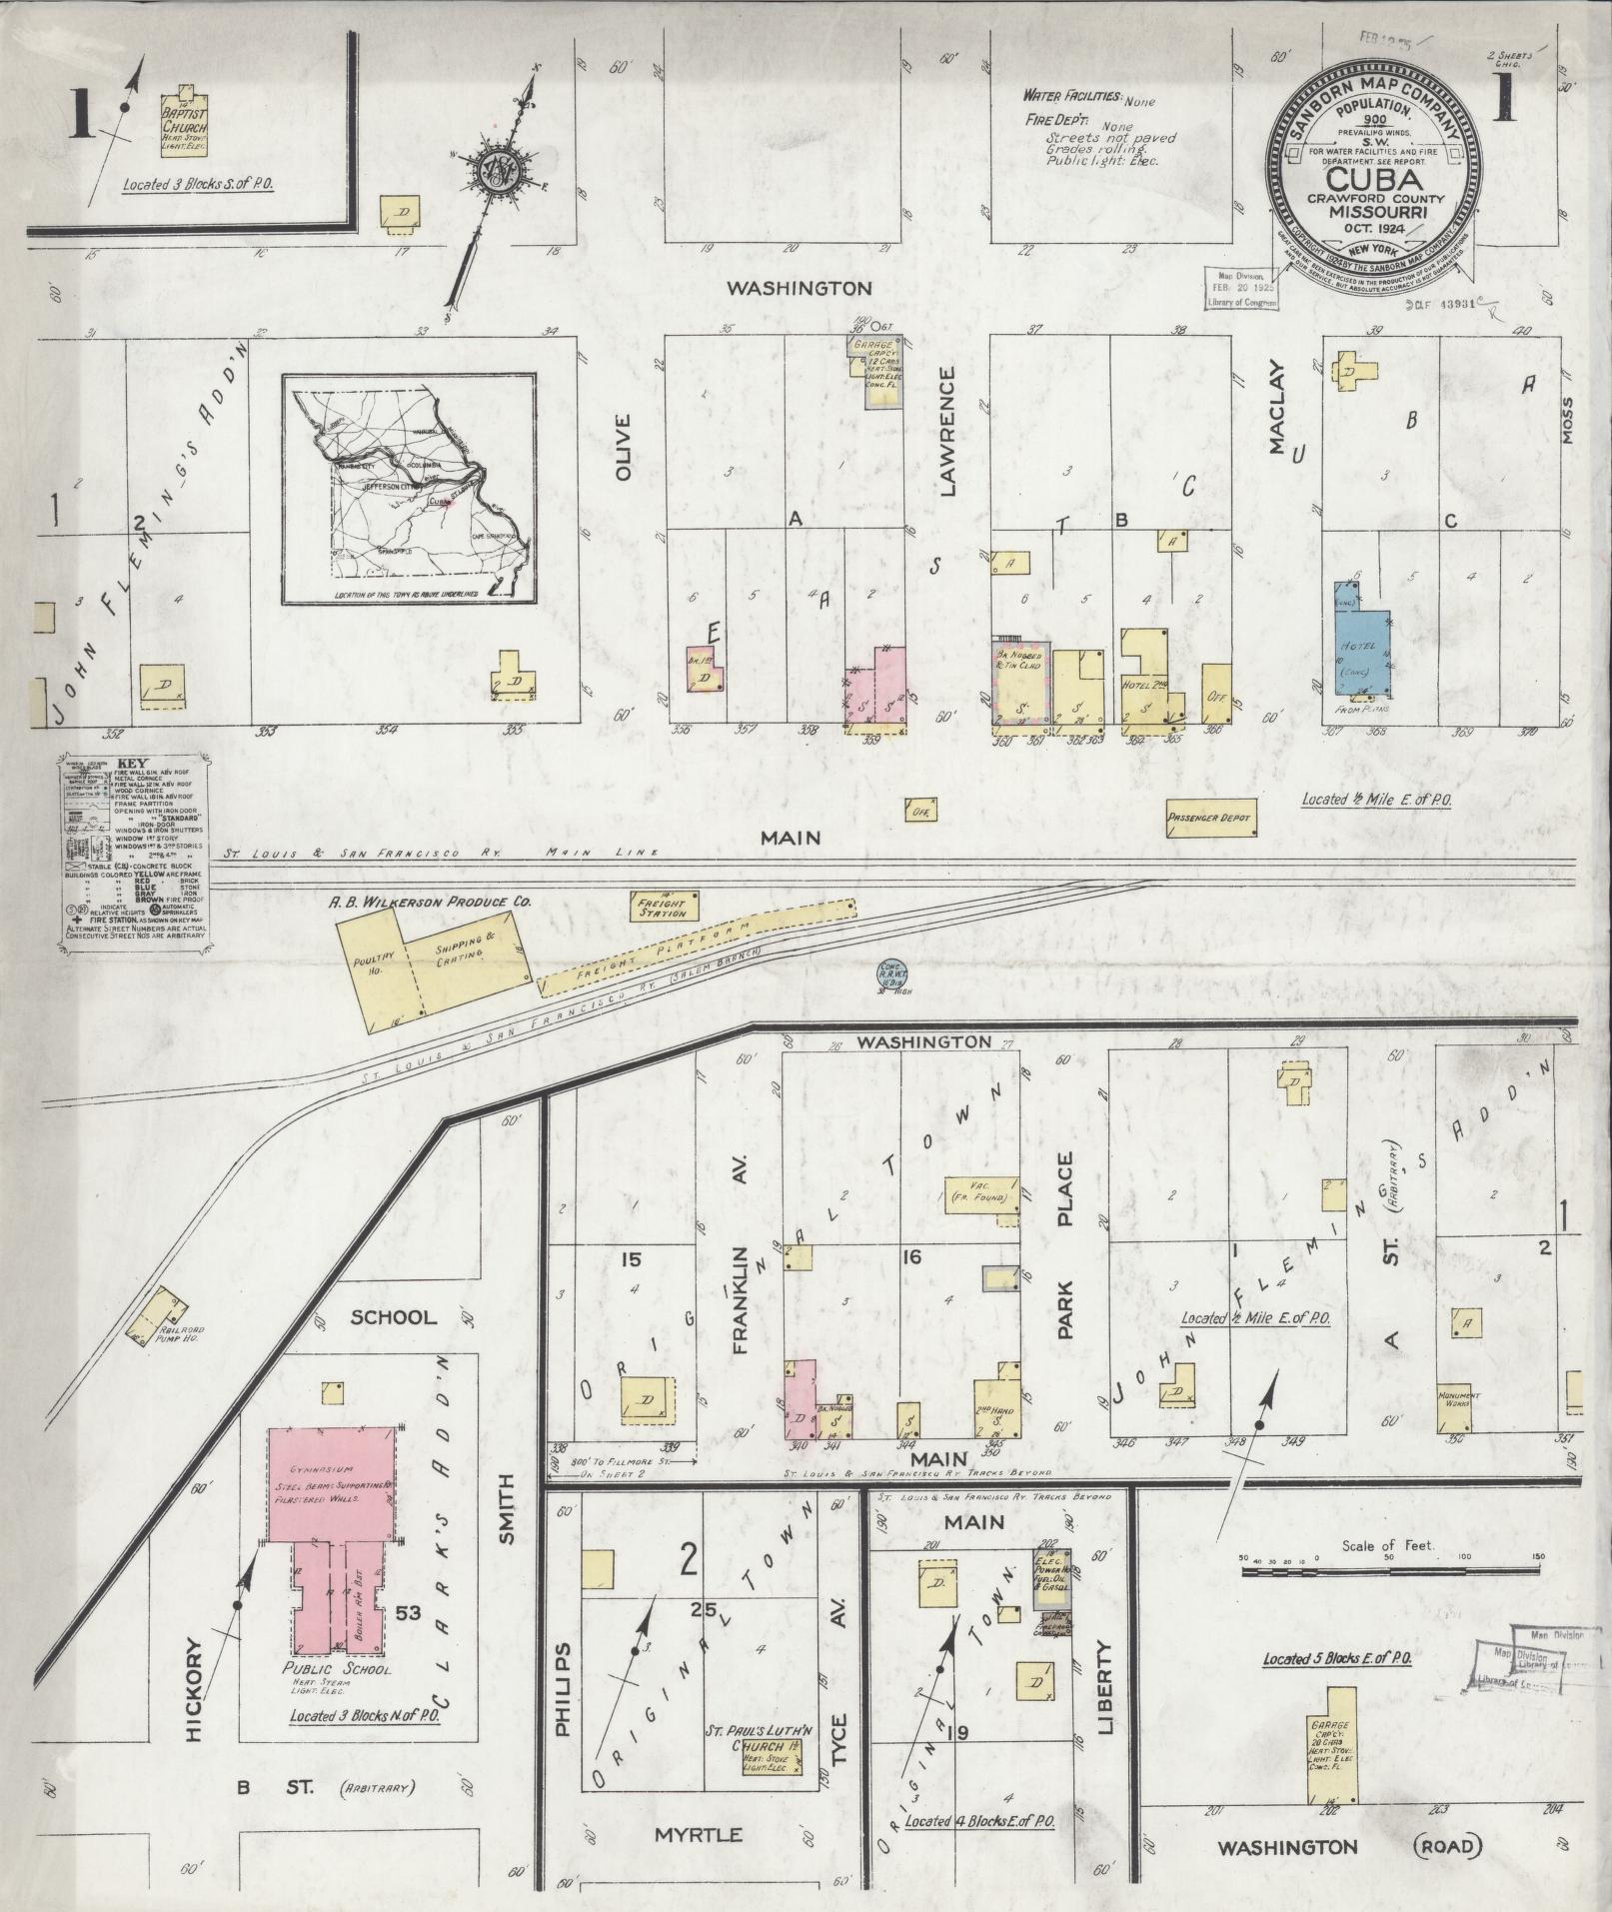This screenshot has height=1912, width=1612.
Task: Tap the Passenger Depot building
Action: coord(1209,817)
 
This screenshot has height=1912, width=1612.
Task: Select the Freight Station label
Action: coord(662,907)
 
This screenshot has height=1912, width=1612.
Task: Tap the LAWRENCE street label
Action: coord(946,431)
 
